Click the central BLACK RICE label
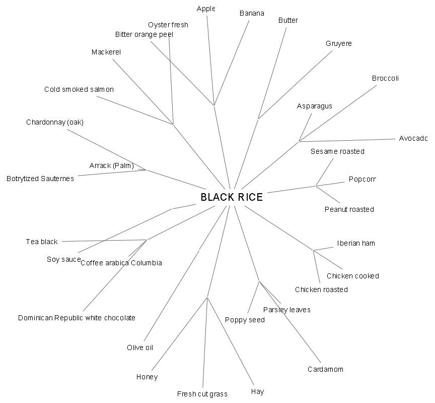[232, 197]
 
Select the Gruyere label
[338, 44]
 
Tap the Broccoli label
[385, 78]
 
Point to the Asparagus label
[314, 106]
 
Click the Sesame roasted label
[337, 151]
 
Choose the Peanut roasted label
[349, 209]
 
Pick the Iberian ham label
[356, 243]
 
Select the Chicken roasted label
[321, 290]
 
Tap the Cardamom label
[325, 369]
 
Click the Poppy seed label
[245, 320]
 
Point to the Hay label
[257, 391]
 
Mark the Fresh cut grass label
[202, 394]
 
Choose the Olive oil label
[140, 348]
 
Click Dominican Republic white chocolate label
[77, 318]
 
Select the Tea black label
[42, 242]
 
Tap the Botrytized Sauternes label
[40, 179]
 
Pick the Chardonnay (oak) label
[55, 122]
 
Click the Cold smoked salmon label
[79, 89]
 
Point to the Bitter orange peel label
[144, 34]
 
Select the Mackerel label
[106, 52]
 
